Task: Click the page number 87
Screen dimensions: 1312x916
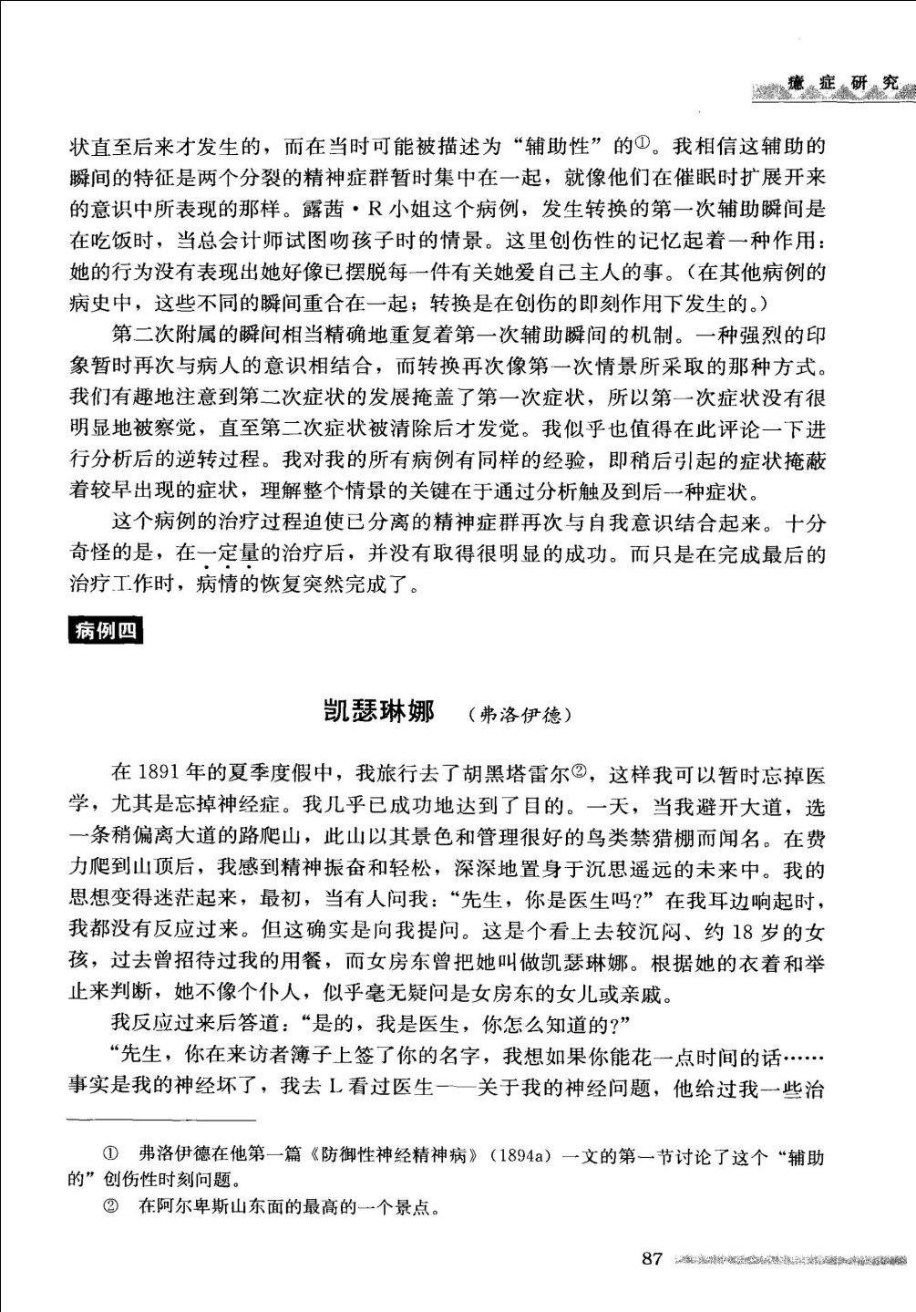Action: [651, 1259]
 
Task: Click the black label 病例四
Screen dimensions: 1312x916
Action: [106, 630]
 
